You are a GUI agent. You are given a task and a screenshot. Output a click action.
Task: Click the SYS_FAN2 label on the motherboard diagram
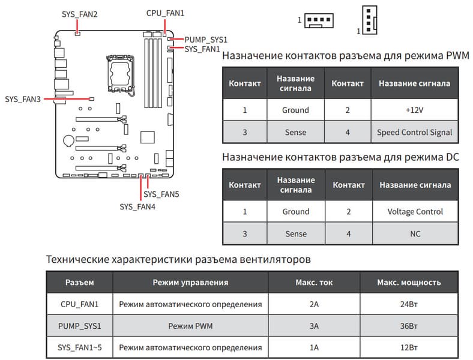[80, 13]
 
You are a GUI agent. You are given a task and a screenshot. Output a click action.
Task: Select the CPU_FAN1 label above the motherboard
[165, 13]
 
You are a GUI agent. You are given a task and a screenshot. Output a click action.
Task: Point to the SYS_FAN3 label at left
[22, 98]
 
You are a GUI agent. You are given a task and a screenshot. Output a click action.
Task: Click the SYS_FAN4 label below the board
[137, 206]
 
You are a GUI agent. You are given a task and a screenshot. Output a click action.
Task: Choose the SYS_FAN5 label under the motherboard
[161, 194]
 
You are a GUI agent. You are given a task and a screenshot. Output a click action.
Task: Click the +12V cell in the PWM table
[415, 110]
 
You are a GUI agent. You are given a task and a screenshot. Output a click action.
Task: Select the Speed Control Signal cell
[415, 132]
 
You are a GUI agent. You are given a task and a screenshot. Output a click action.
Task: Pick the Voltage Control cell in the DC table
[415, 211]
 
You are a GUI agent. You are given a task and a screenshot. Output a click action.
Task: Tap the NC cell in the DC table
[415, 233]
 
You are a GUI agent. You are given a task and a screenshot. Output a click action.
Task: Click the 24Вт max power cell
[409, 304]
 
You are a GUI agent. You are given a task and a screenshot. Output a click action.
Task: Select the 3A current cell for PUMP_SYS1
[314, 326]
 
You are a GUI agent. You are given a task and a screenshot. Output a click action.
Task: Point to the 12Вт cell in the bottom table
[409, 347]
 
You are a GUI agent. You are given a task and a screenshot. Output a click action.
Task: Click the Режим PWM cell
[190, 326]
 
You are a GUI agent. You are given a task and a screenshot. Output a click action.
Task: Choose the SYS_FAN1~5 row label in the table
[79, 347]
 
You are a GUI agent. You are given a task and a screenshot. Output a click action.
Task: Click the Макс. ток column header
[314, 282]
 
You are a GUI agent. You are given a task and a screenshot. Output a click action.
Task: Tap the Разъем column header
[79, 282]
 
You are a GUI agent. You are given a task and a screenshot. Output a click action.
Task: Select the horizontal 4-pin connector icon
[319, 21]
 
